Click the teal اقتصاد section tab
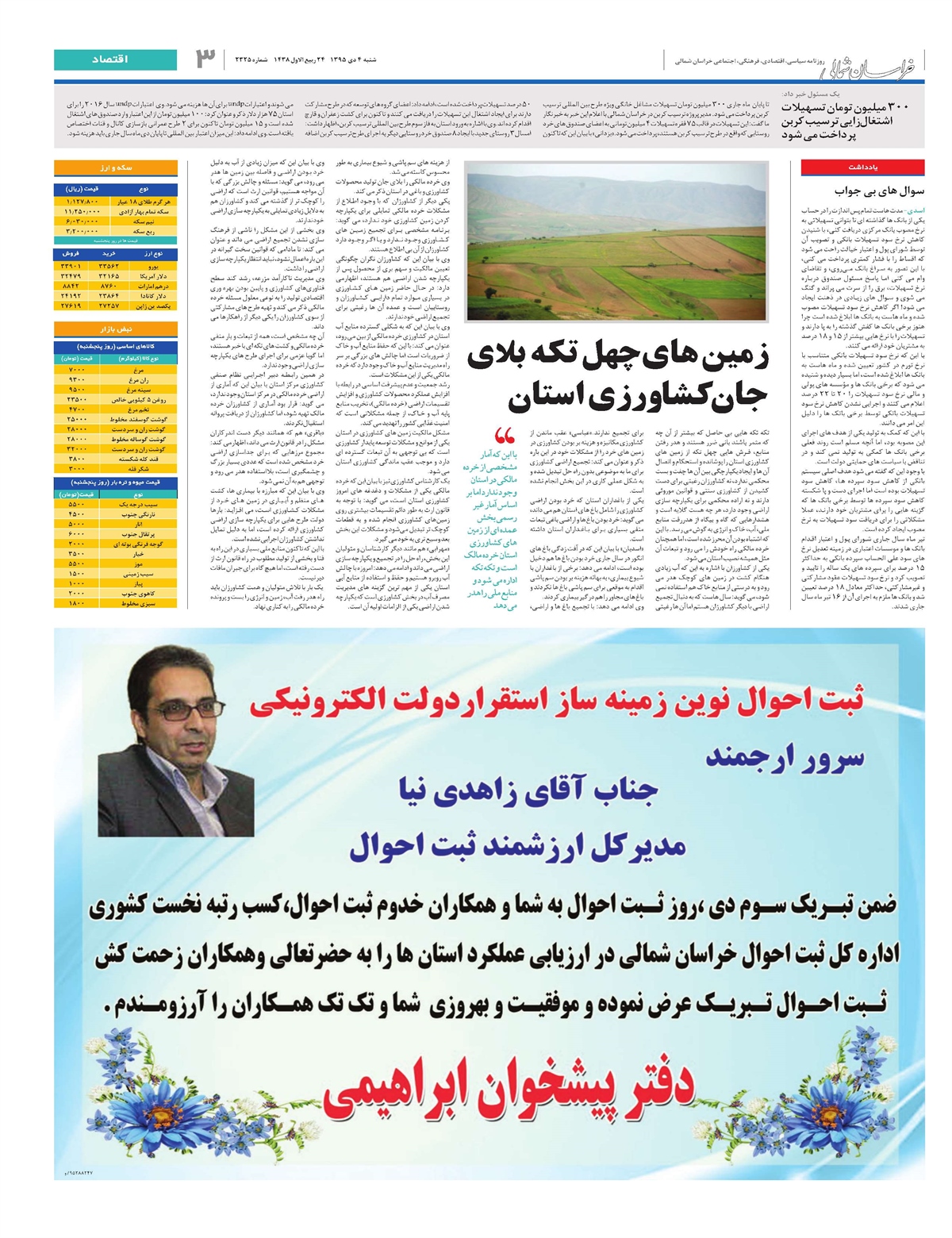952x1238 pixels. click(x=116, y=60)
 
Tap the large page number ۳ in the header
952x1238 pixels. click(x=205, y=58)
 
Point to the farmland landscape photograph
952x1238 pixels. click(x=616, y=241)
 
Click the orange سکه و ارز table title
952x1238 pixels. click(x=116, y=168)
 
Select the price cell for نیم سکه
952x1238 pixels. click(x=83, y=221)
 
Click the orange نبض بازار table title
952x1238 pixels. click(x=116, y=329)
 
